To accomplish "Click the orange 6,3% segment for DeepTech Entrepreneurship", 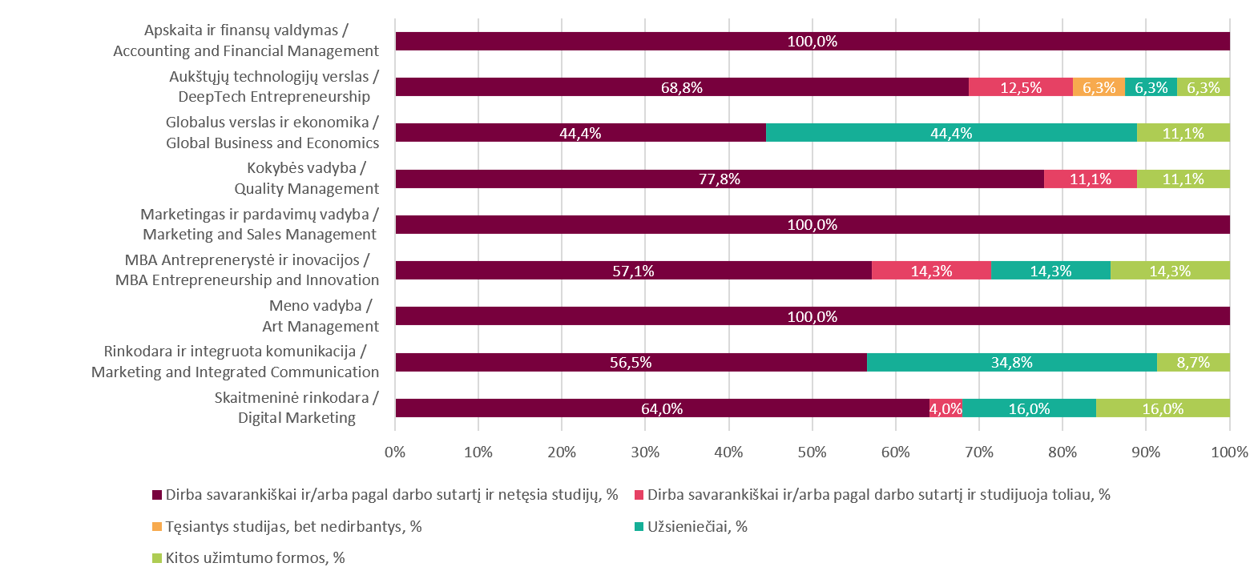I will (x=1099, y=87).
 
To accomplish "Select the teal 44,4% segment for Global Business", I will (x=951, y=133).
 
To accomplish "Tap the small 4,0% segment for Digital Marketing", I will (x=946, y=408).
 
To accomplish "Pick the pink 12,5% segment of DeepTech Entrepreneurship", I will (x=1021, y=87).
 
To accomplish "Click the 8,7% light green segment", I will (x=1193, y=362).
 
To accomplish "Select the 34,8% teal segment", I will (x=1011, y=362).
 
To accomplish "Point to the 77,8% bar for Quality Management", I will (x=720, y=179).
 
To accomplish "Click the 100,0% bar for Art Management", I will (x=812, y=316).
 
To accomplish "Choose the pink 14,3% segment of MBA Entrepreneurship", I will (x=931, y=271).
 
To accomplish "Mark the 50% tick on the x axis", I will (x=812, y=452).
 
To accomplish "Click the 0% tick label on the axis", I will (x=395, y=452).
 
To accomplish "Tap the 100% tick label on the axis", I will (x=1230, y=452).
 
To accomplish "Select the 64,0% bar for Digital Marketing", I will (x=662, y=408).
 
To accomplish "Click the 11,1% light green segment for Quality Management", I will (x=1183, y=179).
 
